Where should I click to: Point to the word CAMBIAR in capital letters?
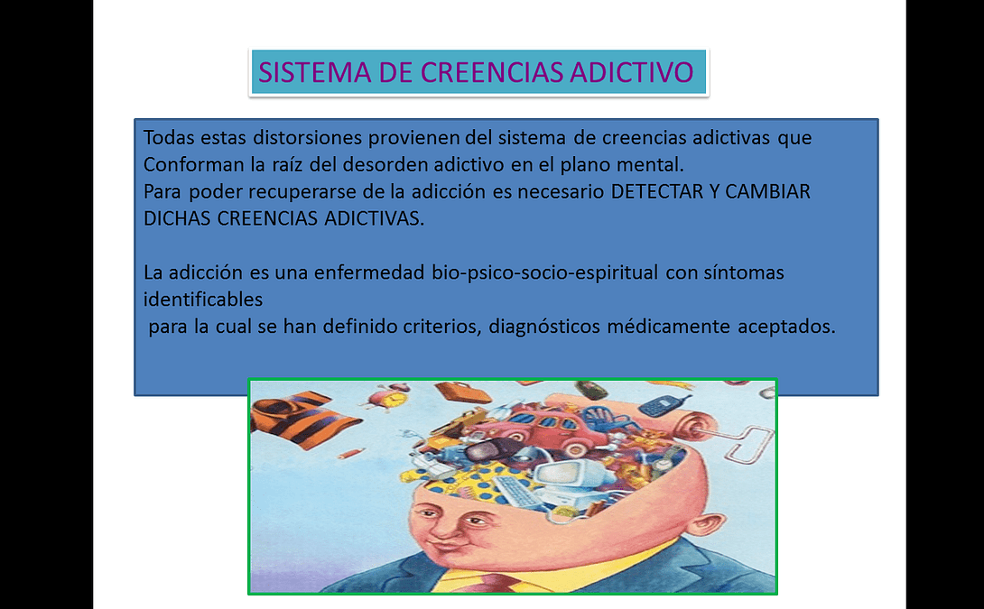tap(767, 191)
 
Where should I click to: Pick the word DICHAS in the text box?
tap(177, 218)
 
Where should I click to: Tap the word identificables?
tap(203, 300)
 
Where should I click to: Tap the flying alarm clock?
tap(389, 396)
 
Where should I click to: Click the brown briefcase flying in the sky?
tap(463, 392)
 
